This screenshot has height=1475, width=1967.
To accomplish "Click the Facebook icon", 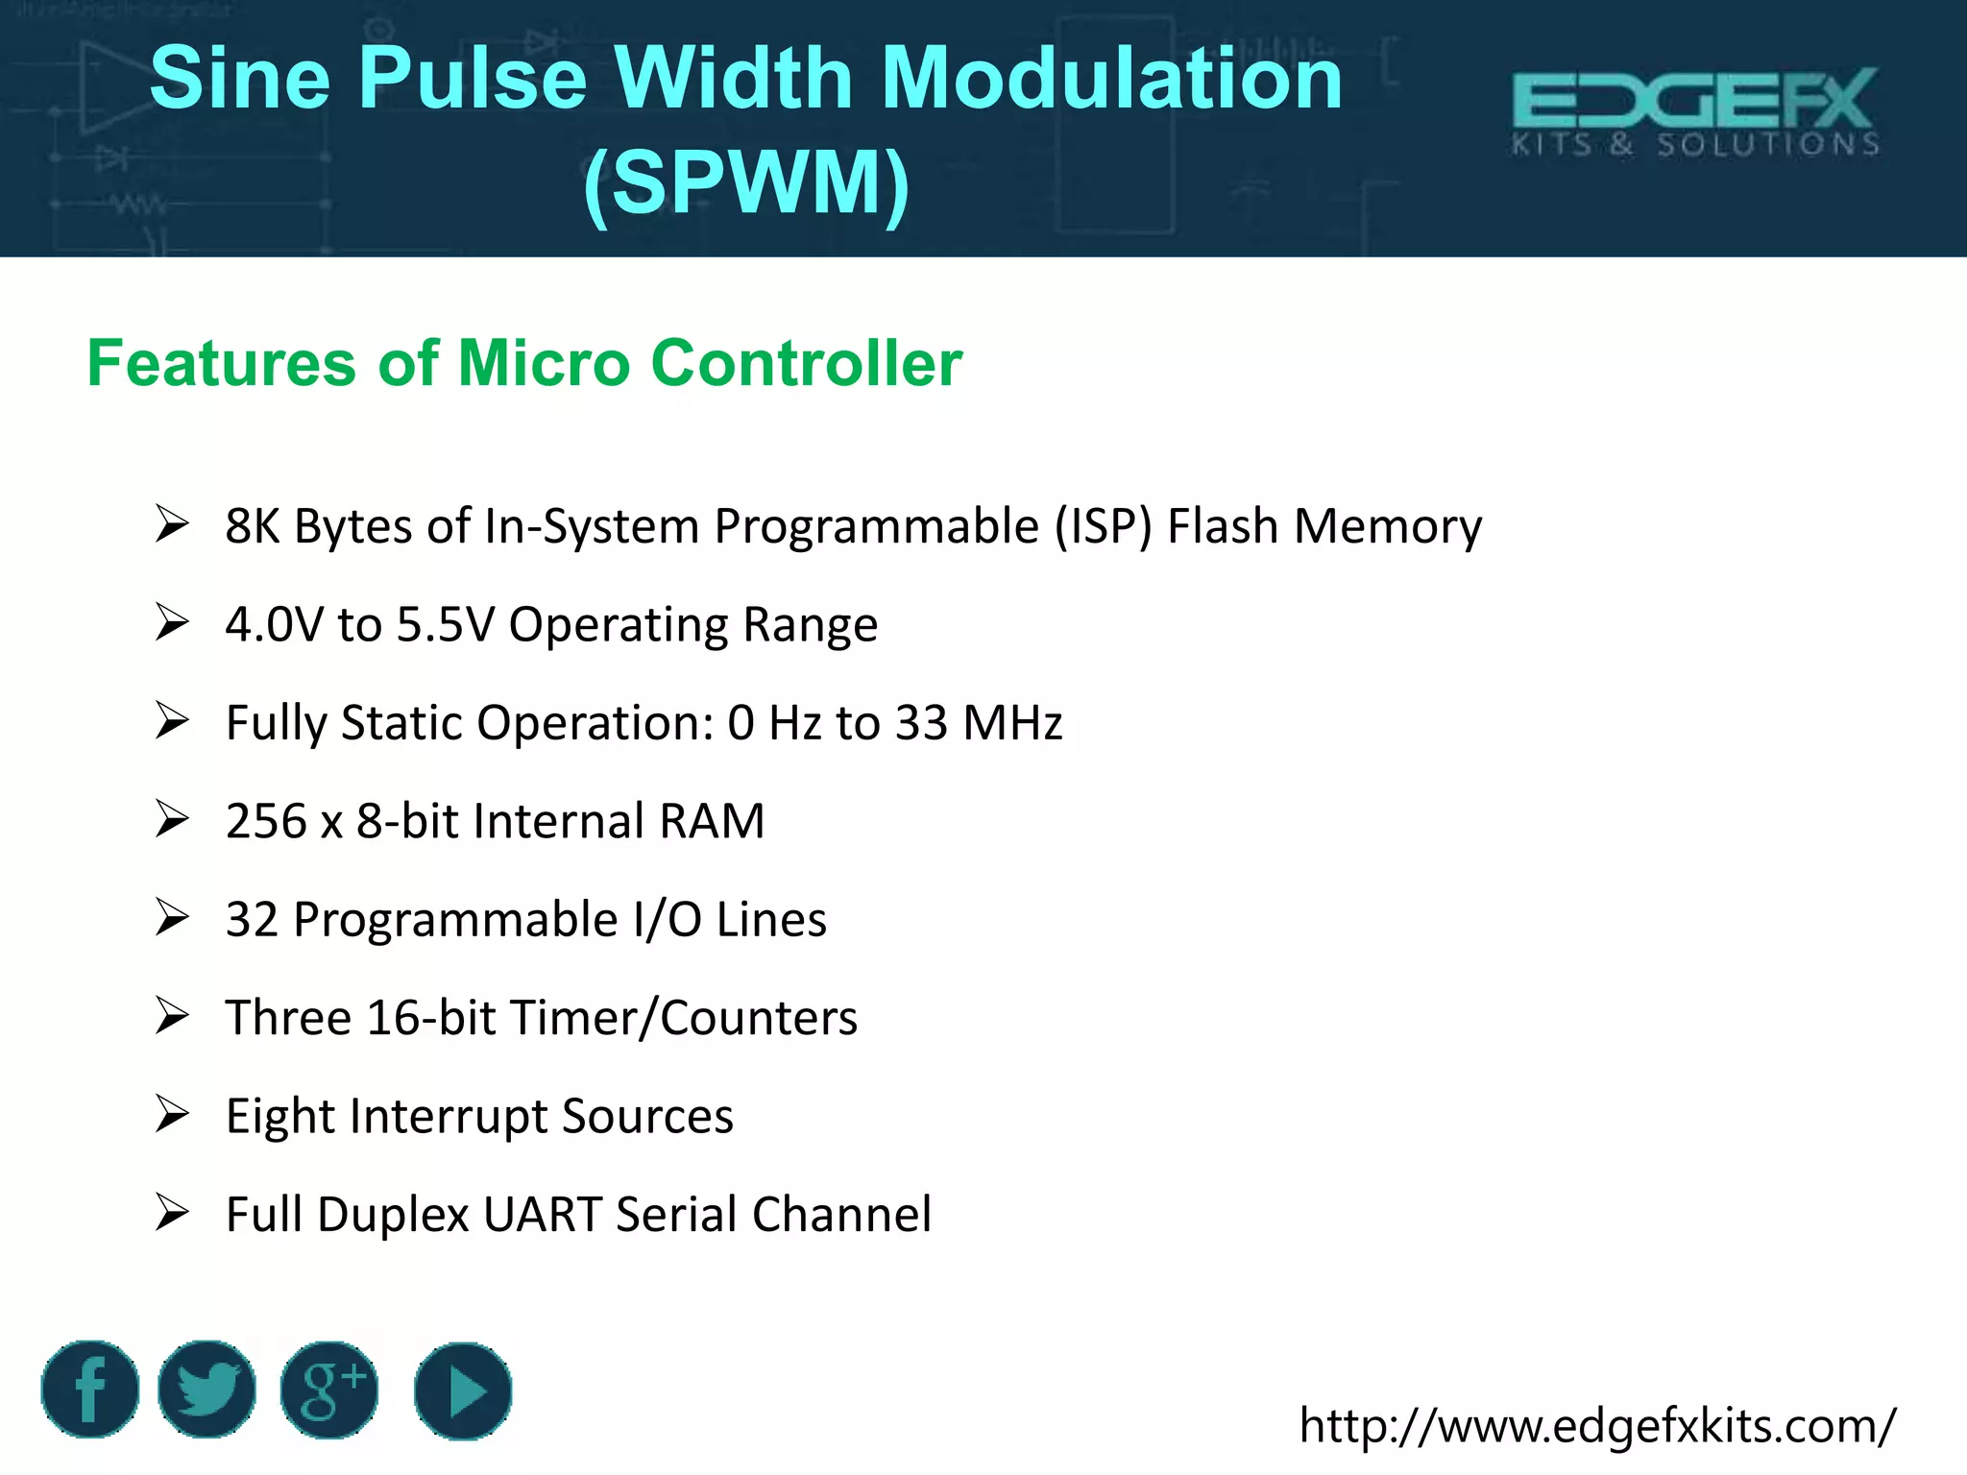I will (90, 1389).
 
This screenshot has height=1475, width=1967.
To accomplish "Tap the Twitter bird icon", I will (206, 1389).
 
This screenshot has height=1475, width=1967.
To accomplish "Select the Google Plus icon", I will (329, 1390).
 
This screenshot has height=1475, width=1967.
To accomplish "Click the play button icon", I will (463, 1390).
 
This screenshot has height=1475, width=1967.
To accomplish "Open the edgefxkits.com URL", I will (1597, 1425).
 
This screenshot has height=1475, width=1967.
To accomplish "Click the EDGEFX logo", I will (1694, 111).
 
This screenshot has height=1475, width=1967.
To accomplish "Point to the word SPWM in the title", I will (746, 182).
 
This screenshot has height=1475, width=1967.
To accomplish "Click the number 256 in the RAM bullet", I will (266, 821).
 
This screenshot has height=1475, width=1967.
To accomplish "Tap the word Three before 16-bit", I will (288, 1018).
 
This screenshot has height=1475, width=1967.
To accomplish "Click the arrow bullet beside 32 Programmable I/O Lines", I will (172, 918).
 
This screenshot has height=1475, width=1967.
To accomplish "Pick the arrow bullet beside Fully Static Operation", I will (172, 721).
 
